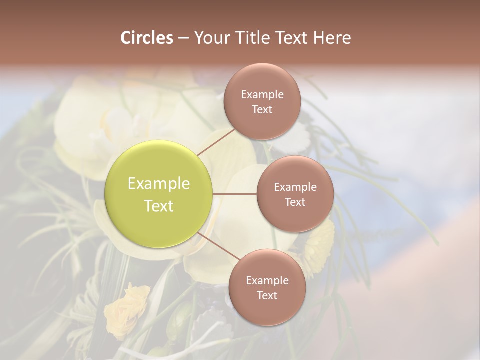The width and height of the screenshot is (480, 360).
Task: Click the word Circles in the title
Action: tap(146, 38)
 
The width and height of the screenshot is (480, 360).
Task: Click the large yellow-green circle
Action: tap(159, 194)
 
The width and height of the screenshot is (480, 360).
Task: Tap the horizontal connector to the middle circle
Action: tap(235, 194)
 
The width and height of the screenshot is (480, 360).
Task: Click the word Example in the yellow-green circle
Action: tap(159, 184)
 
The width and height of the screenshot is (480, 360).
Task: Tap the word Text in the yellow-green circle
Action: tap(159, 206)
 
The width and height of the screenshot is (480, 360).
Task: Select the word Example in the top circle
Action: tap(262, 95)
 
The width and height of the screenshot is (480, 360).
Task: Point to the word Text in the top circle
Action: tap(262, 109)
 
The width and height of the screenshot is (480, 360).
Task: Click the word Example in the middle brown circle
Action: tap(295, 187)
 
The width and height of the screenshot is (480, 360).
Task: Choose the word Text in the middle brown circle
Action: tap(295, 202)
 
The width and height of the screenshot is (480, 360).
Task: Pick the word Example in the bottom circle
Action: tap(267, 281)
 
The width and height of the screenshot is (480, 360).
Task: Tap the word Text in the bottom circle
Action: tap(267, 295)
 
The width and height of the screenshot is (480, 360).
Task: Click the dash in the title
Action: tap(183, 38)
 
